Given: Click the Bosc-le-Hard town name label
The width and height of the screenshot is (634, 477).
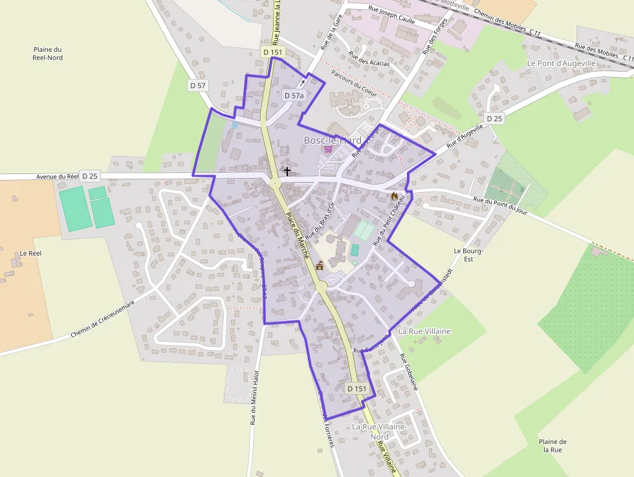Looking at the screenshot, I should click(333, 140).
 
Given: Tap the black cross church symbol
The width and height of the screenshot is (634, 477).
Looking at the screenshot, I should click(287, 172).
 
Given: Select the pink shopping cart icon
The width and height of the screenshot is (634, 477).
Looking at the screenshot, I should click(328, 149).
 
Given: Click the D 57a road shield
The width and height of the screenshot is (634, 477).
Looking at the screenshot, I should click(294, 95).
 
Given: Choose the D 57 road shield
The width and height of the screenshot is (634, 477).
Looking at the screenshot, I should click(198, 85).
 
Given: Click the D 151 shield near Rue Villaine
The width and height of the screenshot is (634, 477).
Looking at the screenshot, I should click(357, 388).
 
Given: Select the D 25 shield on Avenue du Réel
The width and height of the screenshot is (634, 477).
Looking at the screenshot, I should click(90, 176).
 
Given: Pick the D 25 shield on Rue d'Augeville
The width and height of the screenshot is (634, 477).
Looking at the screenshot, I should click(494, 118).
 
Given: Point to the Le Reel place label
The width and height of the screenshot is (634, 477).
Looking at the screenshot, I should click(30, 253).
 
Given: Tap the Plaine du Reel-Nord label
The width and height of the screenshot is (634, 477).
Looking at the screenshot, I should click(47, 54).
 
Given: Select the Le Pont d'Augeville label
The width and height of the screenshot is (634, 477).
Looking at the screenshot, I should click(561, 63).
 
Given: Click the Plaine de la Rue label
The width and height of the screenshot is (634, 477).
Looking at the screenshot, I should click(552, 445).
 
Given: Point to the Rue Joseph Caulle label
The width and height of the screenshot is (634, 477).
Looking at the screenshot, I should click(391, 14).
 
